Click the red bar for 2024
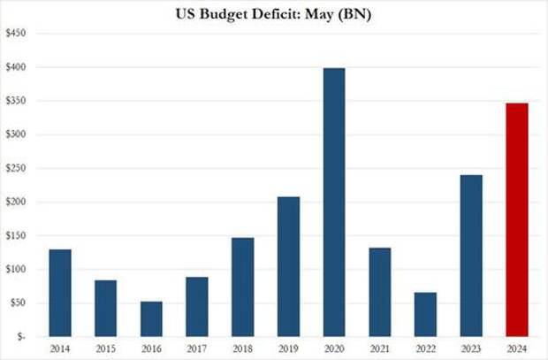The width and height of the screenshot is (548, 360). [516, 220]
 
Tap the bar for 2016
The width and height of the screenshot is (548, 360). [151, 319]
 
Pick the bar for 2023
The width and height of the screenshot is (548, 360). [470, 256]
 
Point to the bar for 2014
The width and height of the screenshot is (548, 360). [60, 293]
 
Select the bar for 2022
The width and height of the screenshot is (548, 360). [424, 315]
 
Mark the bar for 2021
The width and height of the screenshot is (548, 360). [379, 292]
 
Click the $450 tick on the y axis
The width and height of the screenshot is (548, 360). [16, 33]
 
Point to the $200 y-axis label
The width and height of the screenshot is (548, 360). [16, 202]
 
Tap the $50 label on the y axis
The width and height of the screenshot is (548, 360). [18, 303]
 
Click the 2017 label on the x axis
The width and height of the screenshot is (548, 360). [196, 349]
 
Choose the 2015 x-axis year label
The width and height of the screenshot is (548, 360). [106, 349]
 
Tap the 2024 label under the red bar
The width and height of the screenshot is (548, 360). [516, 349]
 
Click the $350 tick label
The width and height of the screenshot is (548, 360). [16, 101]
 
